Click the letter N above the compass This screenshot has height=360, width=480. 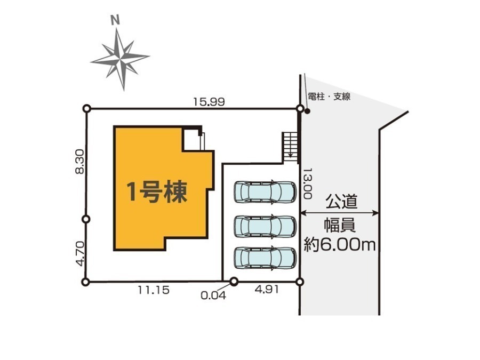click(x=115, y=20)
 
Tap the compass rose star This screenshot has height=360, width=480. click(x=120, y=58)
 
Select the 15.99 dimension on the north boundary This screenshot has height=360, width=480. click(x=209, y=102)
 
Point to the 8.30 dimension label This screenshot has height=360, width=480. click(x=79, y=161)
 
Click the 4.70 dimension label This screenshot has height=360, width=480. click(x=80, y=253)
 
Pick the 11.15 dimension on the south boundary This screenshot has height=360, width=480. click(x=154, y=290)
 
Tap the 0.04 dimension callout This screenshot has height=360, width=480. click(x=213, y=295)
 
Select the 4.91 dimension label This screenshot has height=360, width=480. click(x=267, y=289)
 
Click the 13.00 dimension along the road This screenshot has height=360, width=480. click(x=308, y=183)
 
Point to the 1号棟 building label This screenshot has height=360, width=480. click(x=157, y=192)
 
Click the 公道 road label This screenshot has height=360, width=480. click(x=341, y=202)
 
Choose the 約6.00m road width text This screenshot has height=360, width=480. click(x=340, y=245)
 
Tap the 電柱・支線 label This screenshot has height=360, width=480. click(x=329, y=97)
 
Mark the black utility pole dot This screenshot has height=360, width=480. click(x=307, y=111)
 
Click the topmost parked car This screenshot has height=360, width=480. click(x=265, y=192)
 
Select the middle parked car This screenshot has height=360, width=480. click(x=265, y=227)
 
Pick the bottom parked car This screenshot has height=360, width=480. click(x=265, y=258)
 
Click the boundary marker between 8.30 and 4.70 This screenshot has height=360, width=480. click(x=86, y=219)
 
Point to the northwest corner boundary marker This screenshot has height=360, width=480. click(x=87, y=108)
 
